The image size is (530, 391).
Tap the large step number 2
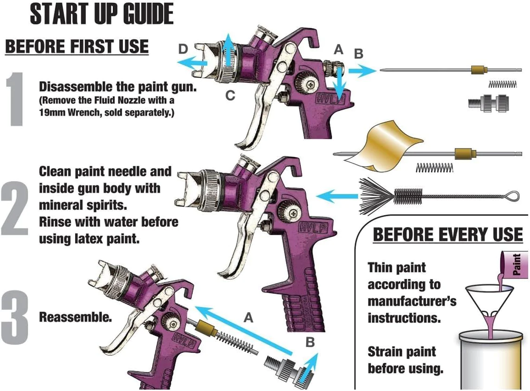click(14, 209)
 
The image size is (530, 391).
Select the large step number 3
click(14, 318)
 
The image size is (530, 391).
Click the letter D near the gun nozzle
click(183, 49)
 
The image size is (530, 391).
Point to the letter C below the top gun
click(230, 95)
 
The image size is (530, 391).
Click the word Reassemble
click(75, 317)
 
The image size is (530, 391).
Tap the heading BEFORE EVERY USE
click(447, 235)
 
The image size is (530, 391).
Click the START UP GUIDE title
click(102, 14)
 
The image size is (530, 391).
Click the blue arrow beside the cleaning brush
click(337, 196)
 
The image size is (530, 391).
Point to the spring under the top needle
click(503, 84)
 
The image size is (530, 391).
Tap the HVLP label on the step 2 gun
click(313, 228)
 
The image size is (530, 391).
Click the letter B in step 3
click(310, 342)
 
